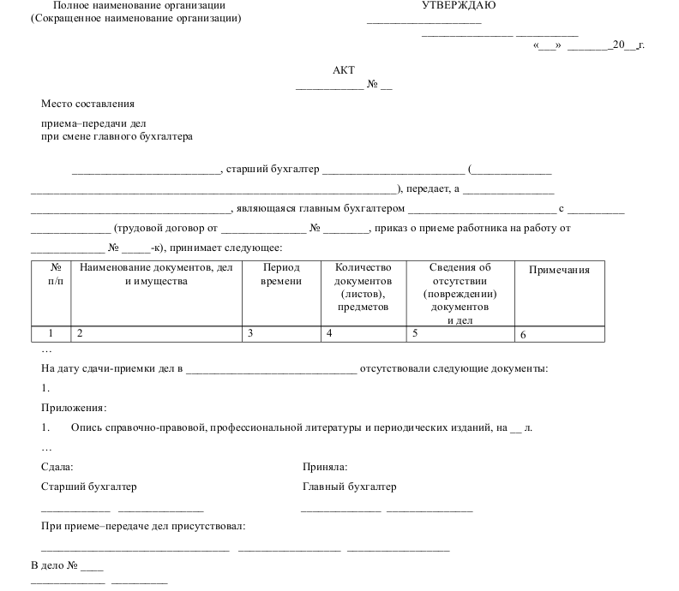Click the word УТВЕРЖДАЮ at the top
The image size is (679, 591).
(459, 6)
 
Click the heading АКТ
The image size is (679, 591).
(343, 71)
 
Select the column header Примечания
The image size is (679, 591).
(559, 271)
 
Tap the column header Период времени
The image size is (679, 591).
(281, 274)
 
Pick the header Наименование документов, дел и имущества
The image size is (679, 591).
(155, 274)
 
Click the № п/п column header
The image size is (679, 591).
(51, 274)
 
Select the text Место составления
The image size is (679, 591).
(88, 104)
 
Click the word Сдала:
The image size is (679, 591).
(57, 467)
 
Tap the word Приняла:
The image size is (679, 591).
(325, 467)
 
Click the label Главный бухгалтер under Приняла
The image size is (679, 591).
(350, 487)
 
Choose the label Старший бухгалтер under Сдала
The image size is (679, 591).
(89, 487)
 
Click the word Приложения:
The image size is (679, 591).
(74, 408)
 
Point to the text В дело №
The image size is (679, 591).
(56, 565)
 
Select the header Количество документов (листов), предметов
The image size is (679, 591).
(363, 287)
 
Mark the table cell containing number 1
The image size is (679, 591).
(51, 333)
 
